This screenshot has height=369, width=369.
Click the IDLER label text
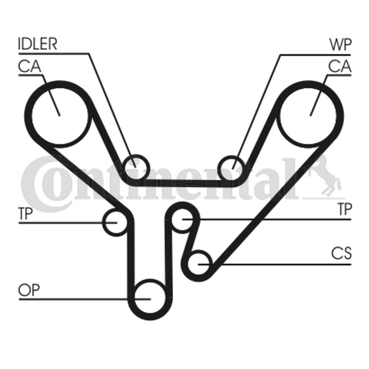click(37, 44)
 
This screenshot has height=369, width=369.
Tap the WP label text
click(340, 44)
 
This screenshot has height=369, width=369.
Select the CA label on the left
click(30, 67)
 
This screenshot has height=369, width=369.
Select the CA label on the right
click(339, 67)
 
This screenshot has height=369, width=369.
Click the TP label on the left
click(26, 213)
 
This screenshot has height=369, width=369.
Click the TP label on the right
click(344, 210)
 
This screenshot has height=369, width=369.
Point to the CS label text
click(341, 253)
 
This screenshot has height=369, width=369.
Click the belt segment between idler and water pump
click(184, 183)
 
